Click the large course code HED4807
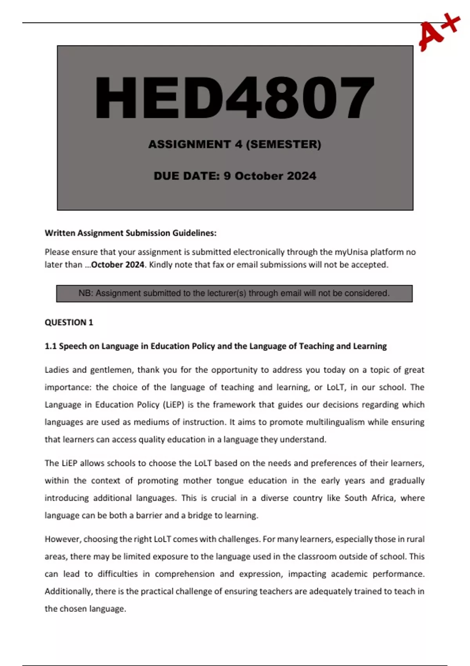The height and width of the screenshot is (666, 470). pos(235,98)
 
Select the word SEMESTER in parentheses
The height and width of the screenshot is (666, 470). pos(284,145)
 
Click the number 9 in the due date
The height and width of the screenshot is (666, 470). pos(227,176)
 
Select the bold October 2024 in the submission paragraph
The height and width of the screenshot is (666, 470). pos(117,265)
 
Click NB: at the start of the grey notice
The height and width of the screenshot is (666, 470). pos(86,293)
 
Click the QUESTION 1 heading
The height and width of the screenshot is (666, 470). pos(69,322)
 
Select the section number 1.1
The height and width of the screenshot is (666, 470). pos(51,346)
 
